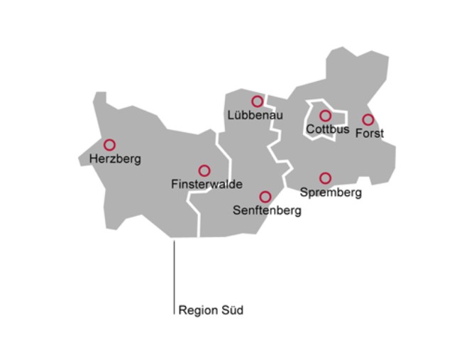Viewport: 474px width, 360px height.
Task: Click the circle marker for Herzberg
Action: click(x=109, y=145)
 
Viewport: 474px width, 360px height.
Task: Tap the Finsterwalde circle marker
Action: click(x=204, y=170)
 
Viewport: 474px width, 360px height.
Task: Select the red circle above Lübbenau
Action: click(x=257, y=102)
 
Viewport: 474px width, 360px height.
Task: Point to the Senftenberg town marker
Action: click(x=265, y=197)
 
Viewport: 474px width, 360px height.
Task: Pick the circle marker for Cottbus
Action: click(x=325, y=116)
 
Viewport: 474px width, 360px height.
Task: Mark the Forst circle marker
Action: click(x=368, y=120)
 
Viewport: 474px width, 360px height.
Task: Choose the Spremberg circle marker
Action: click(x=325, y=178)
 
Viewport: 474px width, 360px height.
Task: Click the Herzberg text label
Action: click(x=115, y=159)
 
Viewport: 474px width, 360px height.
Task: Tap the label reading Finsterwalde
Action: click(x=206, y=185)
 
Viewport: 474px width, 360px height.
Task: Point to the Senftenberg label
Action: click(x=267, y=211)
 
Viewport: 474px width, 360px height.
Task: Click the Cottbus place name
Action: click(x=327, y=130)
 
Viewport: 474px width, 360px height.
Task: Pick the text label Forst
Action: click(x=369, y=133)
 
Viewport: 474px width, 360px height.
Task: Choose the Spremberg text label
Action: click(x=331, y=192)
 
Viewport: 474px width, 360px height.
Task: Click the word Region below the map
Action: click(x=197, y=310)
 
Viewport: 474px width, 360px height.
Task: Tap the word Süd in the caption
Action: click(x=231, y=310)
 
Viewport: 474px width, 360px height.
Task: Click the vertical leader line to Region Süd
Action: click(x=175, y=277)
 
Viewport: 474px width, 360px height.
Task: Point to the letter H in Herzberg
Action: click(x=94, y=159)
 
